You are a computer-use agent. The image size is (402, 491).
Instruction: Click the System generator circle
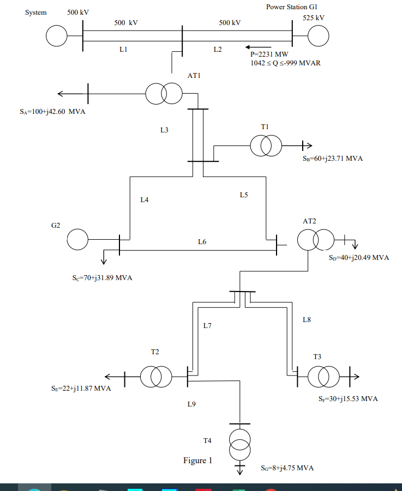pyautogui.click(x=56, y=37)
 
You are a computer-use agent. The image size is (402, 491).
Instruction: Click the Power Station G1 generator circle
pyautogui.click(x=319, y=37)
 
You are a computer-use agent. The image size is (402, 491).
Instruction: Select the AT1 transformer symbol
pyautogui.click(x=164, y=93)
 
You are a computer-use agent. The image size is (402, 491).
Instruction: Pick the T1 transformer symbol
pyautogui.click(x=266, y=146)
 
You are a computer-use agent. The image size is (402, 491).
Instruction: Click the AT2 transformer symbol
pyautogui.click(x=315, y=239)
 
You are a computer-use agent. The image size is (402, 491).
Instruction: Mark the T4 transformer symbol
pyautogui.click(x=239, y=444)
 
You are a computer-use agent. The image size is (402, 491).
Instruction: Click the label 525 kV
pyautogui.click(x=313, y=18)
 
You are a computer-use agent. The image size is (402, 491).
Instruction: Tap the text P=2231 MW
pyautogui.click(x=269, y=54)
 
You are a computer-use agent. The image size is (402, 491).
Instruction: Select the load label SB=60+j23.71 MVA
pyautogui.click(x=332, y=159)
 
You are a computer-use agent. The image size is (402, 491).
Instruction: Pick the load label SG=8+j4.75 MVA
pyautogui.click(x=287, y=468)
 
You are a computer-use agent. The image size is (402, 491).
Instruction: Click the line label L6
pyautogui.click(x=202, y=241)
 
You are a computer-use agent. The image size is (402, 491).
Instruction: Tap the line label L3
pyautogui.click(x=165, y=130)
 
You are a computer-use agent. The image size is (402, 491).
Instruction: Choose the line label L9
pyautogui.click(x=191, y=404)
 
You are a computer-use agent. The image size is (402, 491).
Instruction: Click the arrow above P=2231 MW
pyautogui.click(x=258, y=47)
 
